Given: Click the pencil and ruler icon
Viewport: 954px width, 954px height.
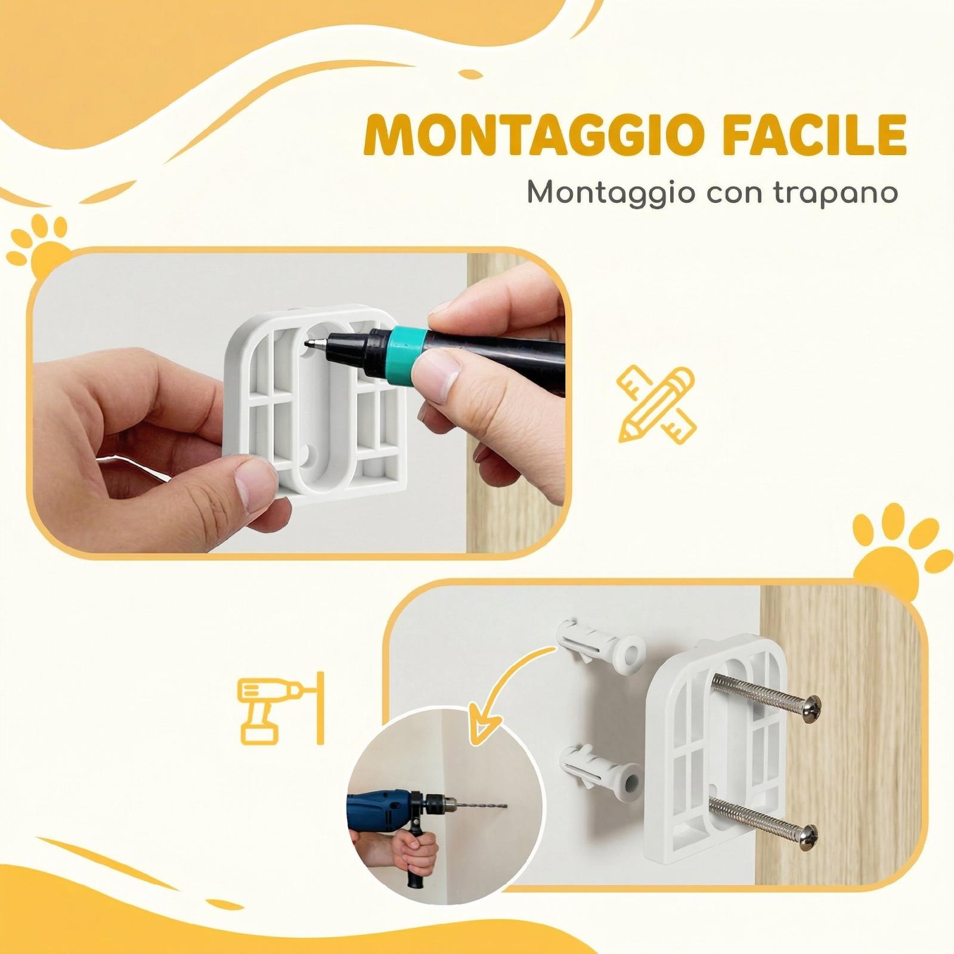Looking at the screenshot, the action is (657, 405).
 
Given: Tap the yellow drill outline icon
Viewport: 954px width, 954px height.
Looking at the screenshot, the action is (281, 710).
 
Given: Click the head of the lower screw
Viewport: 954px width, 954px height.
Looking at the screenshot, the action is (807, 833).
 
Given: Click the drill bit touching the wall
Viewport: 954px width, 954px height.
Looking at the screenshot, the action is (480, 808).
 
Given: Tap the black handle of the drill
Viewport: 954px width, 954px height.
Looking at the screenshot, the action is (417, 859).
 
